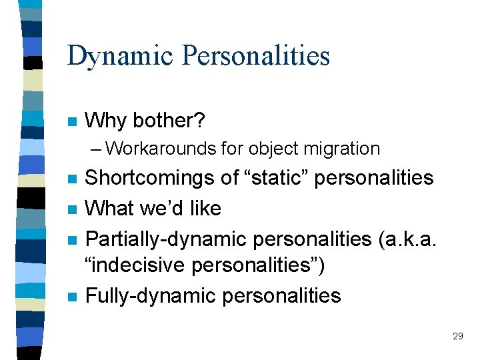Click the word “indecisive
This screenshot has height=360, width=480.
coord(135,265)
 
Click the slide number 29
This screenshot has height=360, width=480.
coord(457,336)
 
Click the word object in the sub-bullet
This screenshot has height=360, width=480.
coord(272,148)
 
